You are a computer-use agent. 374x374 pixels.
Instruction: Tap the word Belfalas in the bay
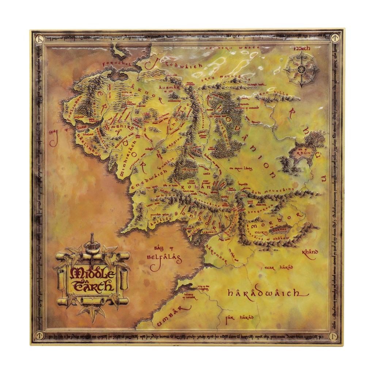(164, 257)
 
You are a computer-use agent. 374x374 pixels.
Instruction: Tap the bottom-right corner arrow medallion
(333, 335)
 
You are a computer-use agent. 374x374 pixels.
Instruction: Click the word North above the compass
(302, 49)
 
